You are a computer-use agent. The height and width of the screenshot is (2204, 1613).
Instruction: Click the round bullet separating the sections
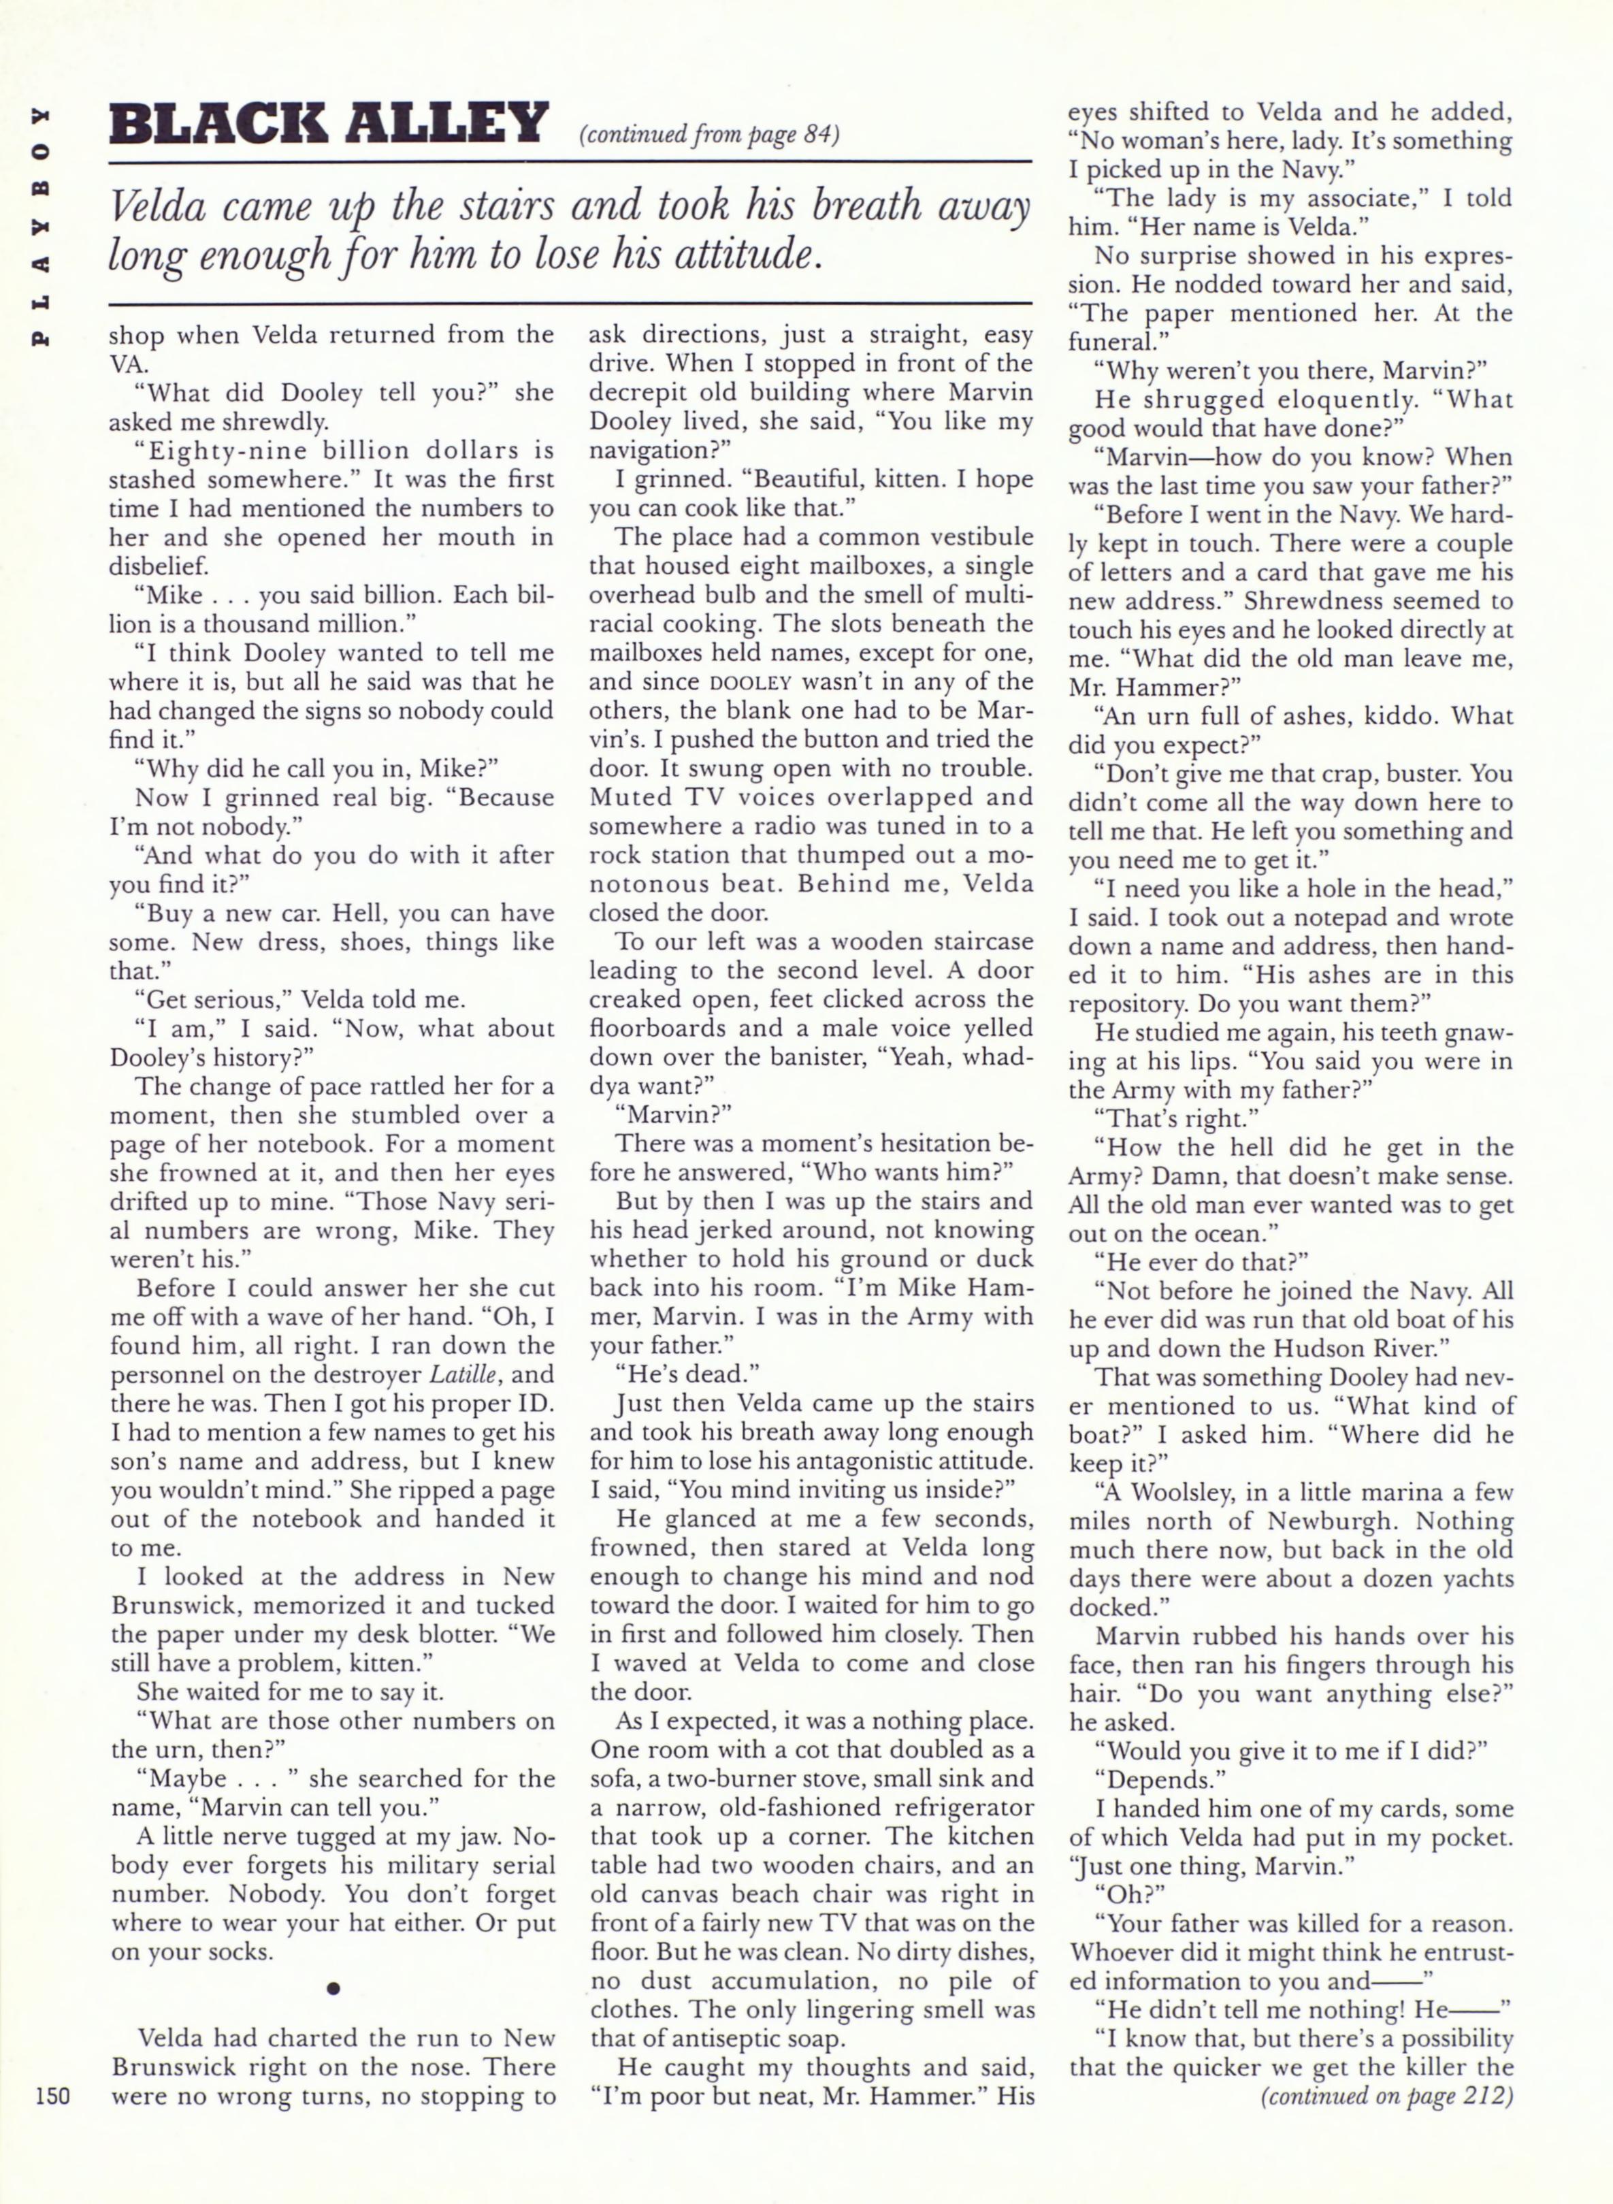333,1988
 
